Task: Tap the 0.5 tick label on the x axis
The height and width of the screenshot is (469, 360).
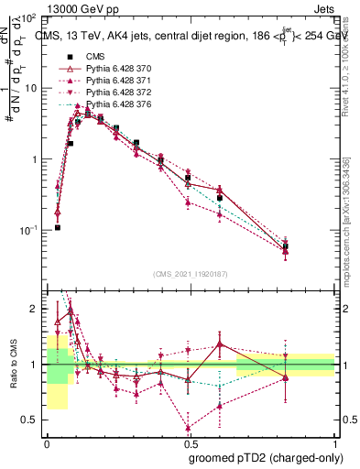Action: (x=191, y=442)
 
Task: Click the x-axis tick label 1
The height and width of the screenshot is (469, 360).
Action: (x=336, y=442)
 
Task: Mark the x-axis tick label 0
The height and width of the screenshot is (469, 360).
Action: (x=46, y=442)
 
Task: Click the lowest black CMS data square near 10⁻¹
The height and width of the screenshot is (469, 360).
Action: (x=57, y=227)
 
